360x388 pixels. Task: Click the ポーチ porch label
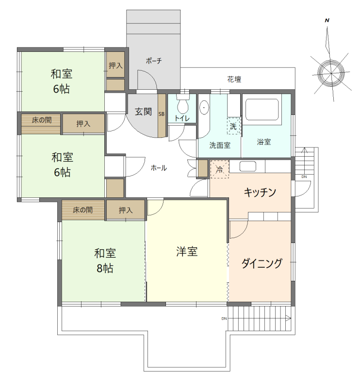[153, 61]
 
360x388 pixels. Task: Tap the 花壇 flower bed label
[234, 79]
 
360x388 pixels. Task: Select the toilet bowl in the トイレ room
[183, 105]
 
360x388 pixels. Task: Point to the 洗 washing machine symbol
[233, 125]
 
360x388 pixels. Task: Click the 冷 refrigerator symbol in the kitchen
[219, 170]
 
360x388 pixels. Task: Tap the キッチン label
[260, 193]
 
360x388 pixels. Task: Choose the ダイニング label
[262, 264]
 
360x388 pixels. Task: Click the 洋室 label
[187, 252]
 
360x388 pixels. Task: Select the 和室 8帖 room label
[104, 260]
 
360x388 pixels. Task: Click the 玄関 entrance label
[144, 111]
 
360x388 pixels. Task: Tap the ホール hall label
[159, 168]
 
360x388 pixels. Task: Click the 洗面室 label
[219, 145]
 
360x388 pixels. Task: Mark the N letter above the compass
[327, 20]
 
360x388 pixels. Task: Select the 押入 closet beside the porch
[115, 65]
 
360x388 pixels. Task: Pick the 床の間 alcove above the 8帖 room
[82, 210]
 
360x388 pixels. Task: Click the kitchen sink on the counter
[247, 166]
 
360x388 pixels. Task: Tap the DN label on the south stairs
[224, 319]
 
